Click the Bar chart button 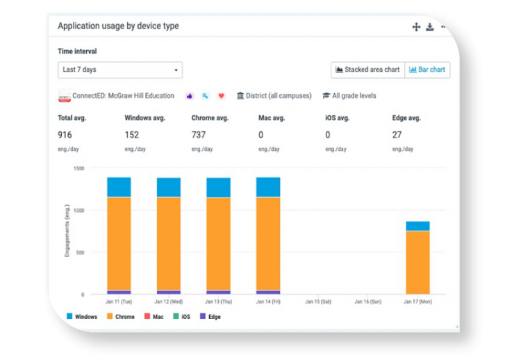[x=427, y=69]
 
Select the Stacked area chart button [x=367, y=69]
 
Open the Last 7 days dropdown [x=119, y=69]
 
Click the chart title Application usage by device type [x=118, y=26]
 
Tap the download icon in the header [x=430, y=27]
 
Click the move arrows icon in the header [x=416, y=27]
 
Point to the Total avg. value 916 [x=65, y=135]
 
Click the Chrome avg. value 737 [x=199, y=135]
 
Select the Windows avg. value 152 [x=132, y=135]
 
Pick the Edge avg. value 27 [x=397, y=135]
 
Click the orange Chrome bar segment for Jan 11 [x=119, y=243]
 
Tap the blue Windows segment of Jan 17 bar [x=417, y=226]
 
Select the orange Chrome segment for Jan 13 [x=218, y=243]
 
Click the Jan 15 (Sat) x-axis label [x=317, y=302]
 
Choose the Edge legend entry [x=210, y=316]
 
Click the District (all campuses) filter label [x=274, y=96]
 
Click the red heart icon [x=222, y=96]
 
